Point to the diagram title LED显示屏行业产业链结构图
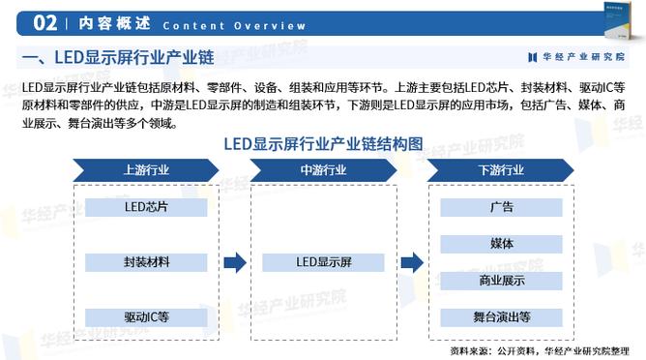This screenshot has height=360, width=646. pos(323,143)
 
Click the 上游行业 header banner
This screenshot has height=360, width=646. pos(146,169)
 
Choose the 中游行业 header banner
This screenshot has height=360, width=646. pos(323,169)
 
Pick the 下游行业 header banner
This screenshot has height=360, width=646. pos(501,169)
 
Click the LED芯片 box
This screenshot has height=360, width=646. pos(146,206)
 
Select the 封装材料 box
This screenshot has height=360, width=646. pos(146,261)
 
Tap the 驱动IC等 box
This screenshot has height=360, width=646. pos(146,316)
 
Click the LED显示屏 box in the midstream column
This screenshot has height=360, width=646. pos(323,261)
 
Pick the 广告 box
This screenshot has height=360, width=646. pos(501,206)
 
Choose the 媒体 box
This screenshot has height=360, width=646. pos(501,243)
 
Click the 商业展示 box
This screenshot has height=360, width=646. pos(501,280)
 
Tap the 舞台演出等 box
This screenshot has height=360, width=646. pos(501,316)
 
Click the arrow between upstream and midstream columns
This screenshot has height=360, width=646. pos(235,261)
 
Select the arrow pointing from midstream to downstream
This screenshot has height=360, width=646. pos(412,261)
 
